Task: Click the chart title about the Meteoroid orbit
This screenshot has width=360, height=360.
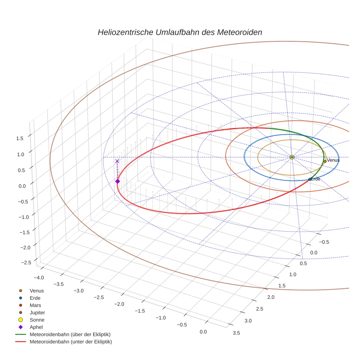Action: click(x=180, y=32)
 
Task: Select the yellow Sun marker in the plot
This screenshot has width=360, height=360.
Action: click(x=292, y=157)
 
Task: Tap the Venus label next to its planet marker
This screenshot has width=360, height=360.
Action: click(x=333, y=160)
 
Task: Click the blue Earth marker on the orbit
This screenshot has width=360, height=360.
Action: click(x=310, y=179)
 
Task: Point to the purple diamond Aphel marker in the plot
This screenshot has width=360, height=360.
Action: click(x=117, y=181)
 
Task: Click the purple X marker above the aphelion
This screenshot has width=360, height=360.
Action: click(x=117, y=161)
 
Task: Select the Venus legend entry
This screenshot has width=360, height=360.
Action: click(x=37, y=290)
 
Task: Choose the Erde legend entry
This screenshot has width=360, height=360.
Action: click(x=35, y=298)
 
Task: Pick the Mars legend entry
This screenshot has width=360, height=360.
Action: click(x=35, y=305)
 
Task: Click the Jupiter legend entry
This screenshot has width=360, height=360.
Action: click(x=37, y=312)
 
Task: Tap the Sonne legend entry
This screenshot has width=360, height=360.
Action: click(x=37, y=320)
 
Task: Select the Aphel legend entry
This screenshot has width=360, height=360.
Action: click(x=36, y=327)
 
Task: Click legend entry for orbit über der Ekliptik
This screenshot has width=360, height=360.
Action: click(x=70, y=334)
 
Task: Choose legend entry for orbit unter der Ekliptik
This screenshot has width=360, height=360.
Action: click(x=71, y=342)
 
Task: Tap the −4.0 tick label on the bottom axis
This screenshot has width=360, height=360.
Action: click(x=38, y=277)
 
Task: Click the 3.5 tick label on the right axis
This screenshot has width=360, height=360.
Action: click(x=236, y=333)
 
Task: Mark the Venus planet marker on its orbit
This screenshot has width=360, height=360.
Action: click(x=325, y=161)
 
